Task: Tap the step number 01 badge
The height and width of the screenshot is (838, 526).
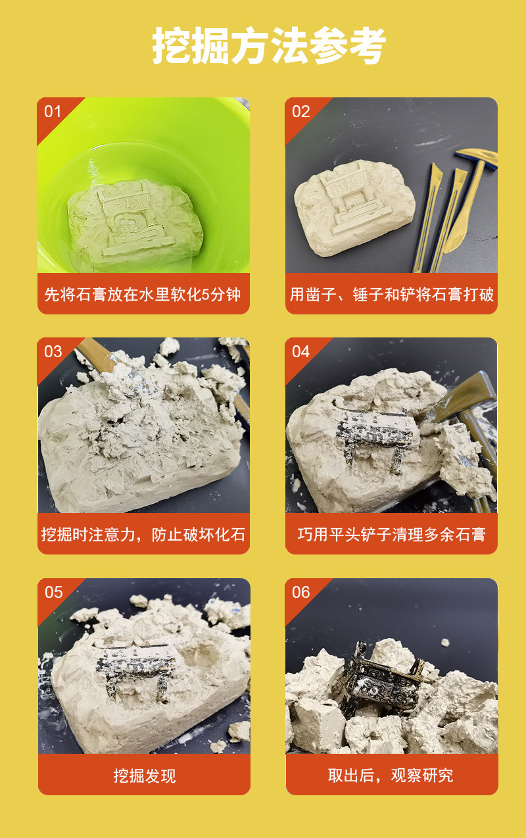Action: pos(53,111)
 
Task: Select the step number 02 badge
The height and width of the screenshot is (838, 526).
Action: pos(300,111)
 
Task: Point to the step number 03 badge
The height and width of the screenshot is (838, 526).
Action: pos(53,351)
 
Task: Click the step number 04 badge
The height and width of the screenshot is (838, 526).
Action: pos(300,351)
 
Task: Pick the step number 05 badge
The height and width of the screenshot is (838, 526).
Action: pos(53,592)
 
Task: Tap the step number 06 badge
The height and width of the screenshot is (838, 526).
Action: pos(300,592)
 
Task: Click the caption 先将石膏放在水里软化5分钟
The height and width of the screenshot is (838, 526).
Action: pos(143,294)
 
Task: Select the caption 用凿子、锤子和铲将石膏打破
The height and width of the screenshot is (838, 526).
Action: pos(391,294)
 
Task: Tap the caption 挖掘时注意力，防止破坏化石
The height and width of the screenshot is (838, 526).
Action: pos(143,534)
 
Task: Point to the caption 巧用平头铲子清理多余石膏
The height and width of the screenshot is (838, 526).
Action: pos(391,534)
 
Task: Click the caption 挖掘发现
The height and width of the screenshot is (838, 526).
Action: pos(144,776)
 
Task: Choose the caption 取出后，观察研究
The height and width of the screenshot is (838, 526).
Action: pos(391,776)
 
